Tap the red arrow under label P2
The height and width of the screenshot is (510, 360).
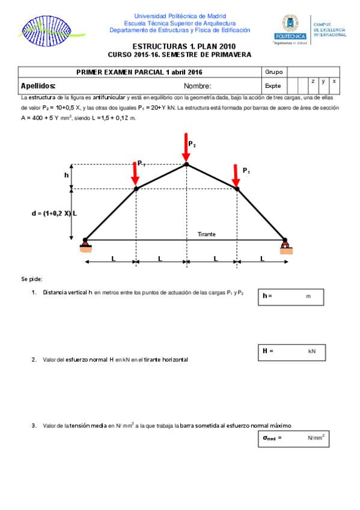186,148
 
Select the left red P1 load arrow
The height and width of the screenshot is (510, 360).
136,174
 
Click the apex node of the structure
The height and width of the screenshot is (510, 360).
186,164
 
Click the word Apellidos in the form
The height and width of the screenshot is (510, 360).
38,85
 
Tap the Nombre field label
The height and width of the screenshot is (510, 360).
198,85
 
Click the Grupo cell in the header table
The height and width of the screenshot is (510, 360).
273,72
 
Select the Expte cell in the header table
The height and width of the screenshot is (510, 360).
273,85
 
